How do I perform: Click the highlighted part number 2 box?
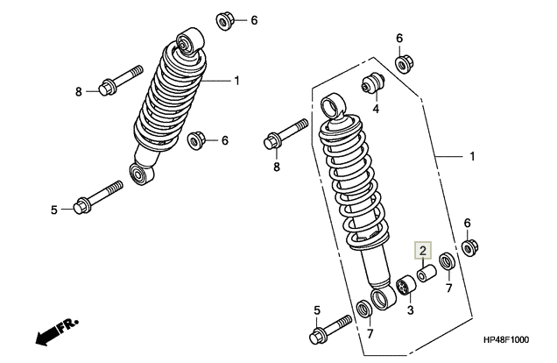click(x=423, y=250)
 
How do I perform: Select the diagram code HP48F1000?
click(x=505, y=340)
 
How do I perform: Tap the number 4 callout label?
click(x=376, y=109)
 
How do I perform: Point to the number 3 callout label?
click(x=410, y=310)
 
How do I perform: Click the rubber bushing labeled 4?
click(x=373, y=83)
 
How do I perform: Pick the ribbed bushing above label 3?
click(x=406, y=286)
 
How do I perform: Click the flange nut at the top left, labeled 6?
click(x=225, y=21)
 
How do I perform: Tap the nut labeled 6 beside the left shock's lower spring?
click(x=195, y=140)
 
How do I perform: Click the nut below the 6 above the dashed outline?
click(x=404, y=64)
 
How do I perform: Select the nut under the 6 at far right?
click(x=470, y=247)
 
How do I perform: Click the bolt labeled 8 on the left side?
click(x=121, y=81)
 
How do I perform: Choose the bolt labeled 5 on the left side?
click(x=98, y=197)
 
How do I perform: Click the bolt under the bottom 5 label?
click(x=331, y=330)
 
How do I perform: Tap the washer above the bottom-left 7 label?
click(x=364, y=309)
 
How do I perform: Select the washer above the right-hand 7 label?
click(x=448, y=261)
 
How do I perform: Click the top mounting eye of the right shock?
click(x=333, y=105)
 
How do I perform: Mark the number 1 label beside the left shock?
click(x=237, y=81)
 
